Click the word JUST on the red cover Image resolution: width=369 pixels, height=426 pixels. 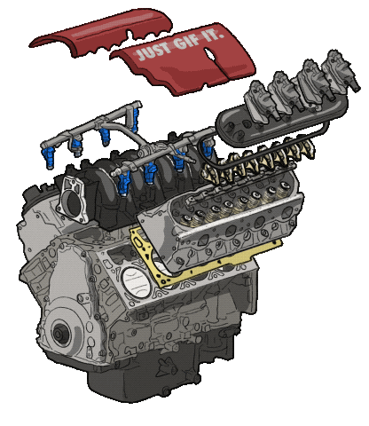[x=153, y=51]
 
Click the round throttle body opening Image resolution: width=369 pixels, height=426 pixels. [x=73, y=204]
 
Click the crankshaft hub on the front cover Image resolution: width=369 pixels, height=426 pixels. [x=60, y=334]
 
